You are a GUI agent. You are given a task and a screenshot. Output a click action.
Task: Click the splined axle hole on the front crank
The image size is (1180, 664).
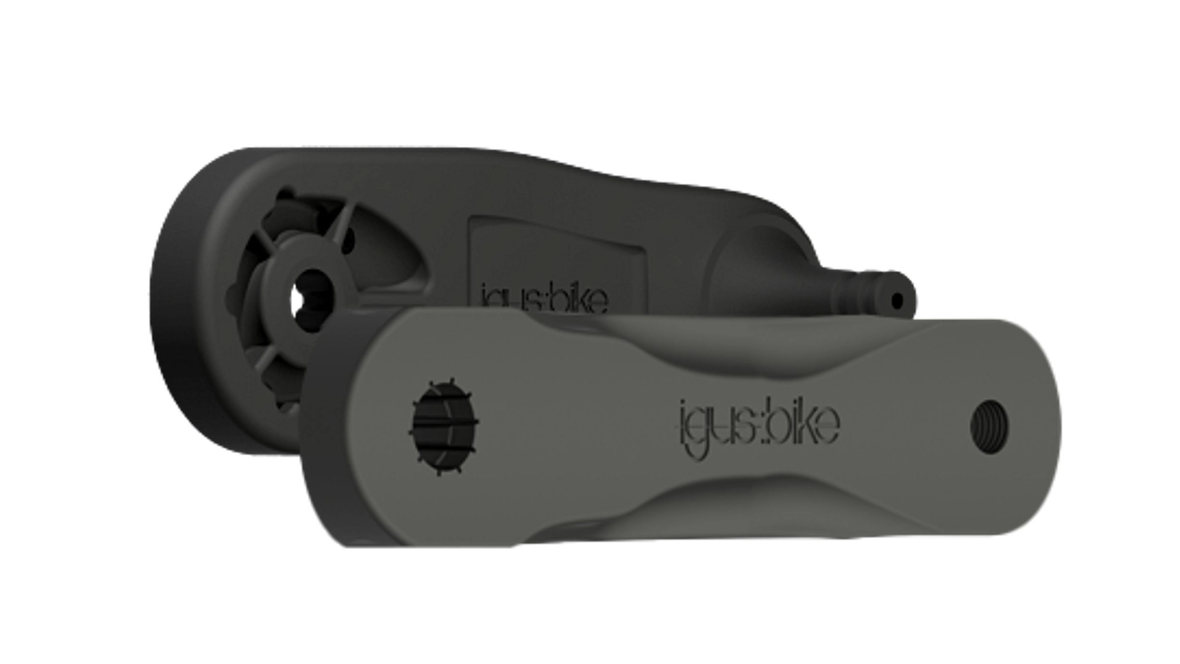pos(444,427)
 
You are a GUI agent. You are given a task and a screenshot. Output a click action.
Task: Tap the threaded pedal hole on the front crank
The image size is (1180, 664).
pos(989,425)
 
